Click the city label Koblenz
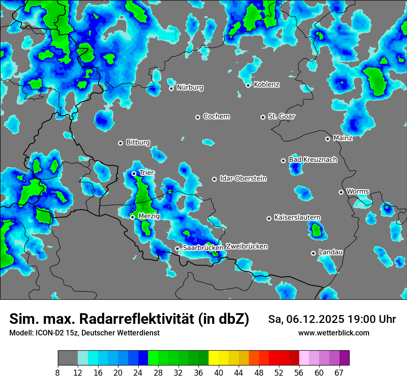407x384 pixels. point(266,85)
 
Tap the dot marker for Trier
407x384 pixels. point(134,173)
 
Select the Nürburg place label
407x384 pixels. point(190,87)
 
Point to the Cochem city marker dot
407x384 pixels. point(197,117)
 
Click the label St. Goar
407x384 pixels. point(281,116)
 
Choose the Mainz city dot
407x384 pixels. point(327,139)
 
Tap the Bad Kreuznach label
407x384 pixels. point(313,160)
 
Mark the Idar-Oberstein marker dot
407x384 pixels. point(214,179)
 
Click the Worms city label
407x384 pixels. point(358,191)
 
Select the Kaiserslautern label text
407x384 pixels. point(297,217)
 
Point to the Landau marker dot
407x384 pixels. point(313,253)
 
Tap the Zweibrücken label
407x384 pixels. point(247,247)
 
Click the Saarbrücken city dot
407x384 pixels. point(177,248)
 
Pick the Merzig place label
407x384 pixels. point(149,216)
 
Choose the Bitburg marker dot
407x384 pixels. point(120,143)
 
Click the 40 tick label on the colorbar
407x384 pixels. point(219,372)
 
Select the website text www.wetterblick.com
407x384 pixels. point(333,333)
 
